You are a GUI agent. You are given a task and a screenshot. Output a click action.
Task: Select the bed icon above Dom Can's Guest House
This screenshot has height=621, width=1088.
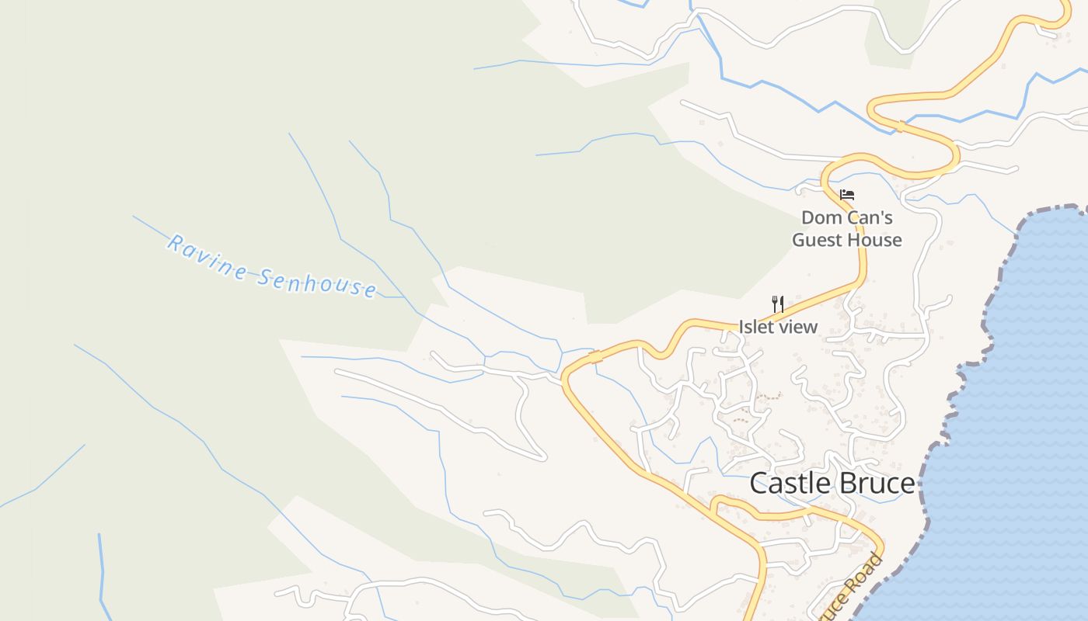coord(847,194)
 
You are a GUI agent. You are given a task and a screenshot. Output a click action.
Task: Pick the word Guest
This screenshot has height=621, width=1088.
coord(817,240)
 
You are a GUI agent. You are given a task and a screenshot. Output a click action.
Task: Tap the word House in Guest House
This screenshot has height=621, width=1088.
coord(874,240)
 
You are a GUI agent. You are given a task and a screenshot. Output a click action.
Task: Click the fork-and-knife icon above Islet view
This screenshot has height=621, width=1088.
coord(777,303)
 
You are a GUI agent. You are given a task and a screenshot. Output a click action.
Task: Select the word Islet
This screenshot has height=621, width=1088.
coord(755,327)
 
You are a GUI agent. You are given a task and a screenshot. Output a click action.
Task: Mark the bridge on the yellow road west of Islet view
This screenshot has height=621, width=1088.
coord(595,357)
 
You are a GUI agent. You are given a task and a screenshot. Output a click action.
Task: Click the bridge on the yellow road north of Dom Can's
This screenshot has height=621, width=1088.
coord(899,126)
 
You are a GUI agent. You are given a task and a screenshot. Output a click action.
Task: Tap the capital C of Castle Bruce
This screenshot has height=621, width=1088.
coord(759,483)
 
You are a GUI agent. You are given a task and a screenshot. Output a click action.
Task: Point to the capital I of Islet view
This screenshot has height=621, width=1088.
coord(741,327)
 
